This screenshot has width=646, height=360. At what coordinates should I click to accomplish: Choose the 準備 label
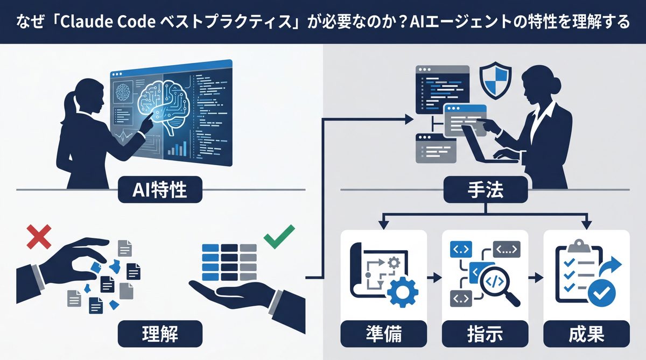click(384, 334)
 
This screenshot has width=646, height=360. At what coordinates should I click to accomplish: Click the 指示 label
click(485, 334)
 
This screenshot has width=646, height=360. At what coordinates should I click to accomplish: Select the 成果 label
click(586, 334)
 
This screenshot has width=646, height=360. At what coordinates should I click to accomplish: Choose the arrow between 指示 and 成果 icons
click(535, 278)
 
